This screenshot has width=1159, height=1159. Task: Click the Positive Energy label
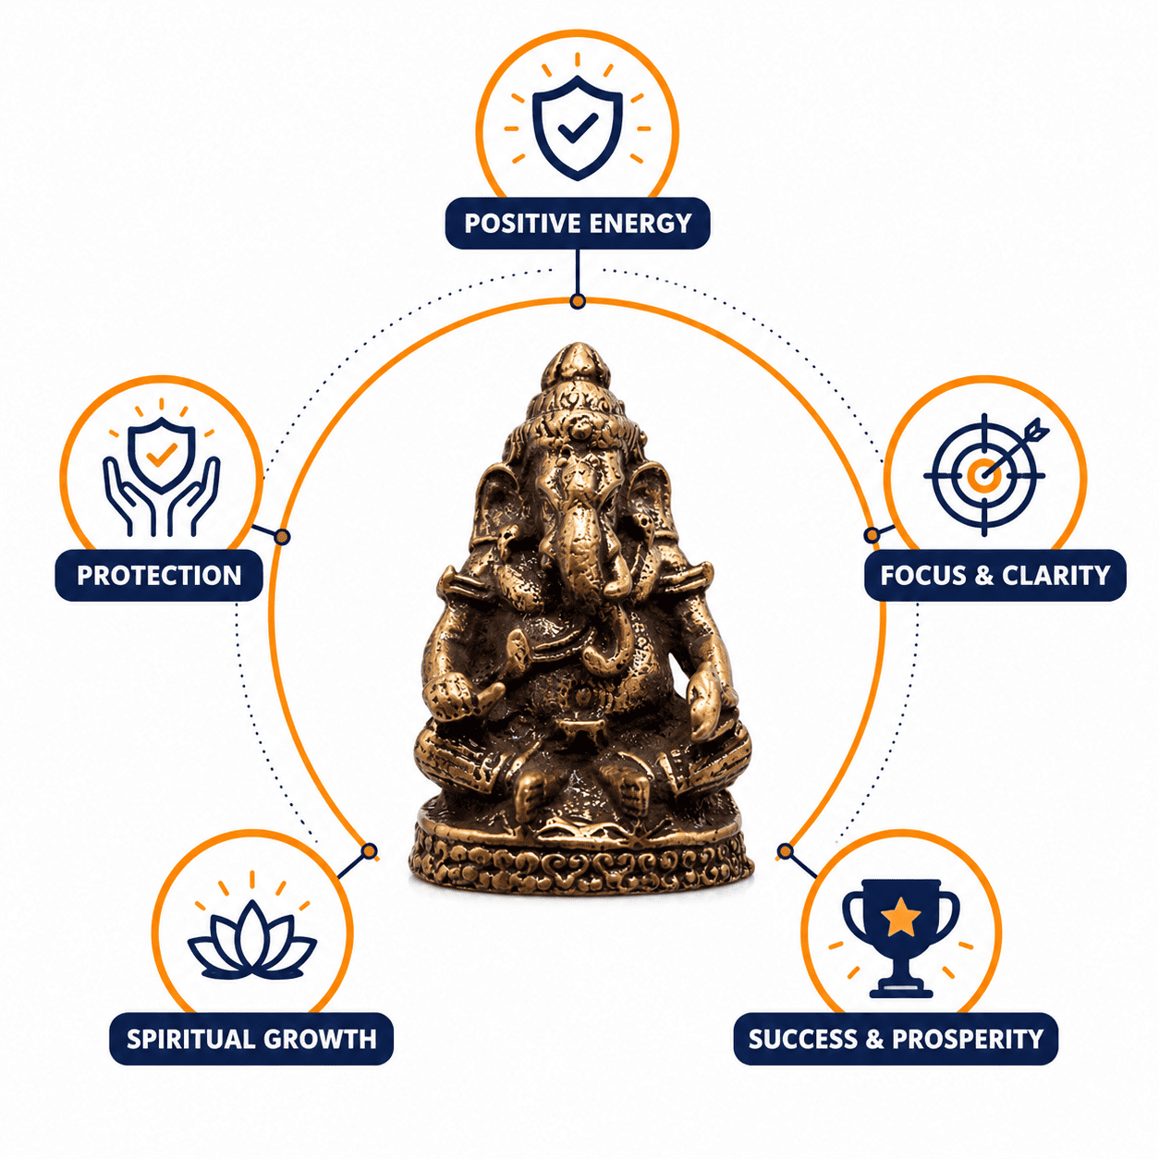point(577,223)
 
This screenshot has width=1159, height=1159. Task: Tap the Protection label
point(159,575)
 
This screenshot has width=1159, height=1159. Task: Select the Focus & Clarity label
point(994,575)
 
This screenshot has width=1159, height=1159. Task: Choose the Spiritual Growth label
point(251,1039)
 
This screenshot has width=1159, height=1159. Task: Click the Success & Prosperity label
point(896,1039)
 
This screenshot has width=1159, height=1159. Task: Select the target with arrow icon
point(986,474)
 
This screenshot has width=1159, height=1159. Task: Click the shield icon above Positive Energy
point(578,128)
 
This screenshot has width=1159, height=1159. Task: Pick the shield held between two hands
point(161,454)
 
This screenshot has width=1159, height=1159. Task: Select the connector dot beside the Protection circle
point(282,536)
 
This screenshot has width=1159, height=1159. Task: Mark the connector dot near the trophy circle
point(785,851)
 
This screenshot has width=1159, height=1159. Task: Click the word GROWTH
point(320,1039)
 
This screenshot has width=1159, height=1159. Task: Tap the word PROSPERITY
point(967,1039)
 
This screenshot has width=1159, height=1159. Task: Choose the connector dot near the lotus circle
point(370,851)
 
